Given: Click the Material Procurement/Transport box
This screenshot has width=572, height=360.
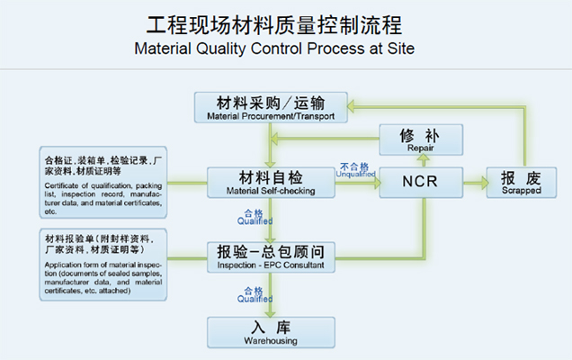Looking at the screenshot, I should click(x=271, y=107).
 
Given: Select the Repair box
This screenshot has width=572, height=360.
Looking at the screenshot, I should click(x=420, y=139).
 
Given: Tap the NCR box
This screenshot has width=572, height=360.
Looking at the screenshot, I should click(x=420, y=183).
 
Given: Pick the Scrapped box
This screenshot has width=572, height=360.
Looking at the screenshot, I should click(x=520, y=183).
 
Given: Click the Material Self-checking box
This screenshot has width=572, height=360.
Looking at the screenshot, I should click(x=271, y=183).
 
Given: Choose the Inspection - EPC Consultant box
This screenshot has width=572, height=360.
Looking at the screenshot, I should click(x=271, y=256).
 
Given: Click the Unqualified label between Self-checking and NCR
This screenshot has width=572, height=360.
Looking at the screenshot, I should click(x=354, y=170).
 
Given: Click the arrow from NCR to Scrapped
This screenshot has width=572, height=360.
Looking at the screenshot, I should click(x=475, y=183).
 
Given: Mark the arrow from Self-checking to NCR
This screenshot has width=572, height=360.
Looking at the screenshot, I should click(x=356, y=184).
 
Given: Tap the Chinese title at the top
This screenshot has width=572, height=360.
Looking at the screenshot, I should click(x=285, y=22).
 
